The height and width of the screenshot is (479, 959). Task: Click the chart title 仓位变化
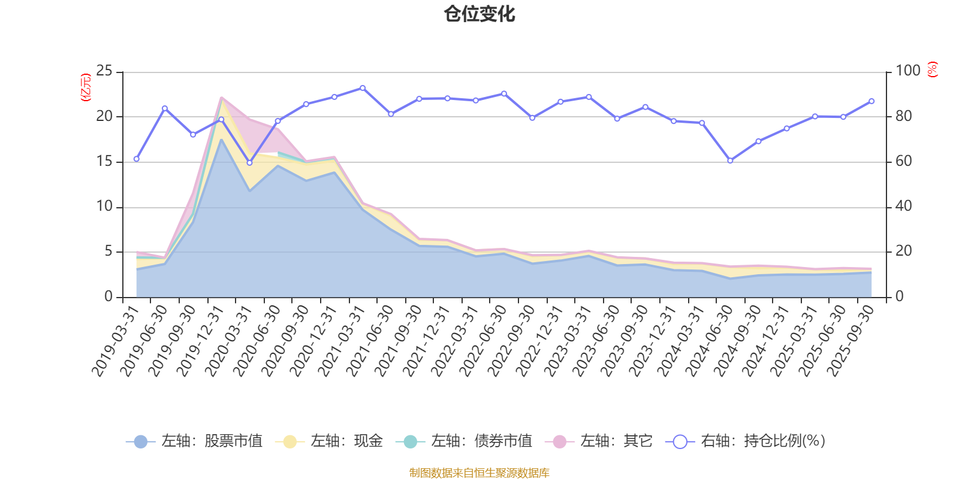[479, 14]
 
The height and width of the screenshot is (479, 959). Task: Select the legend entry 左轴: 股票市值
[194, 441]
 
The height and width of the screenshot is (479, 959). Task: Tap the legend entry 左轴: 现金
[329, 441]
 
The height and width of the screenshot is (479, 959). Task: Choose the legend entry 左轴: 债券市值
[464, 441]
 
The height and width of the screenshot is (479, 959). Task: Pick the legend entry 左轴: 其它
[599, 441]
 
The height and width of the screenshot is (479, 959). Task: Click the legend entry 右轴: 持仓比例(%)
[746, 441]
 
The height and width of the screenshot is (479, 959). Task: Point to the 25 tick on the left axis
[104, 71]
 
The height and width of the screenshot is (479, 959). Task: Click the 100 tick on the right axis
[907, 71]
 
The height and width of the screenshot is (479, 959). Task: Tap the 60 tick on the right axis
[904, 162]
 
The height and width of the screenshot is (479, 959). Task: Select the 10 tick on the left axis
[104, 207]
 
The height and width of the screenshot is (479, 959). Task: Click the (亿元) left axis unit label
[86, 87]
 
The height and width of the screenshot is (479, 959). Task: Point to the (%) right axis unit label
[933, 69]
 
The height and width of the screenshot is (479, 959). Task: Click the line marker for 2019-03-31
[136, 159]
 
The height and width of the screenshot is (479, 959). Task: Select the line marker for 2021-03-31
[363, 87]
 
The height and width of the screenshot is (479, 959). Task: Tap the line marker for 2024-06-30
[730, 160]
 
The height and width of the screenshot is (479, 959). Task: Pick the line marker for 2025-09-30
[871, 101]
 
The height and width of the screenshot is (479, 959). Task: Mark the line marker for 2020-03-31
[249, 163]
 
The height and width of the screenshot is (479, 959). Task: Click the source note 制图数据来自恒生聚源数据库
[479, 473]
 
